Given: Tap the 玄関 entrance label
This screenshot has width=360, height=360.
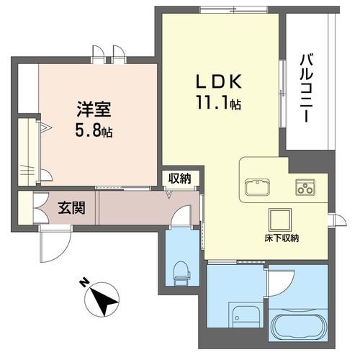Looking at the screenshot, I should (71, 209).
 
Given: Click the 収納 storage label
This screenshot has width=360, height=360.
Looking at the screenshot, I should (180, 179).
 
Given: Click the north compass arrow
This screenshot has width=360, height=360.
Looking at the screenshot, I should (104, 299).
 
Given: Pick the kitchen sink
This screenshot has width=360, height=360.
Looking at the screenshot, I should (256, 189).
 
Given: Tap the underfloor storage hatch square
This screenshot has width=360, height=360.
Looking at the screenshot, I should (279, 218).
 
